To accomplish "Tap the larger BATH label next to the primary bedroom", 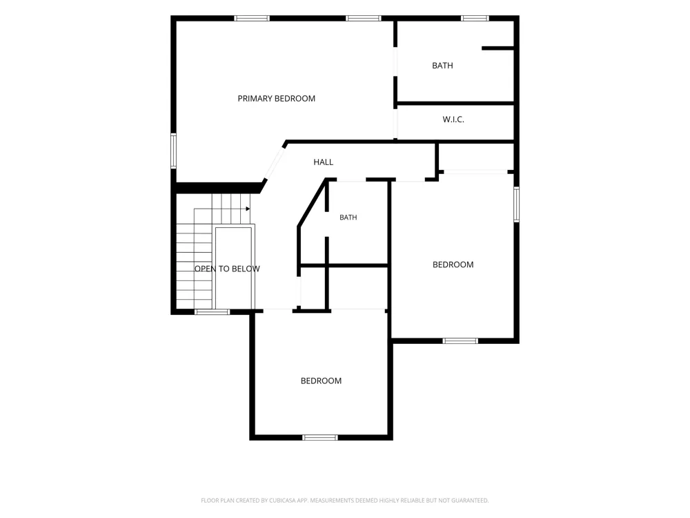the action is pos(442,66).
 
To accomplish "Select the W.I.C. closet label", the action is pos(453,119).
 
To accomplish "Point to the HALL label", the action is pos(324,162).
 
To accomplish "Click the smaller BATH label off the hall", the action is pos(348,217).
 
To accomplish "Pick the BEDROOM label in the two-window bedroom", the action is pos(453,265).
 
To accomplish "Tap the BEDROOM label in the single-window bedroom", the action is pos(322,381).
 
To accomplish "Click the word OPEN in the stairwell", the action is pos(206,269).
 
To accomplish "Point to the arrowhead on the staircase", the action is pos(248,209).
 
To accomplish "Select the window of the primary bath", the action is pos(475,19).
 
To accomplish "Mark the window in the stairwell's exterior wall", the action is pos(213,312).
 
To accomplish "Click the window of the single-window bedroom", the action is pos(320,437).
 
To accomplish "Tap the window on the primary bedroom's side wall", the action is pos(173,151).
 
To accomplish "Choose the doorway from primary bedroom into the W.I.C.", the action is pos(395,122).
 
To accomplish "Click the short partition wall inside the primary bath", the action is pos(497,48).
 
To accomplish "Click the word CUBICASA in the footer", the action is pos(282,500).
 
